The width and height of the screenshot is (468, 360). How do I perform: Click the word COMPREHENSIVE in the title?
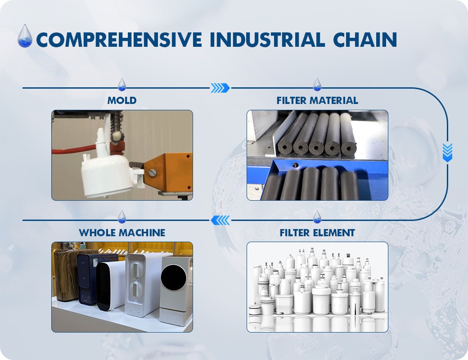(x=119, y=40)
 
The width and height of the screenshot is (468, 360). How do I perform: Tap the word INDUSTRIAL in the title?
(x=267, y=40)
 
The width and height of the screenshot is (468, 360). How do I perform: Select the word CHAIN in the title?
(x=365, y=40)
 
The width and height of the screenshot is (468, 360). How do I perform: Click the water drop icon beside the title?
(x=25, y=36)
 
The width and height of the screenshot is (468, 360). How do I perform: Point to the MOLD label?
(x=122, y=100)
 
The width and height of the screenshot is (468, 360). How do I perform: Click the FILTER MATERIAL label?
(x=317, y=100)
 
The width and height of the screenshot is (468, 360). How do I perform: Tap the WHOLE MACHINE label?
(x=122, y=233)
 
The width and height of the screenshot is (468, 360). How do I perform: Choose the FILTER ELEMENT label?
(x=317, y=233)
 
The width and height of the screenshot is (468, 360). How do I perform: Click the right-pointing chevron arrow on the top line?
(x=220, y=88)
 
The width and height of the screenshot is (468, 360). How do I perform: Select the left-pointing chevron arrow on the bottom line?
(x=220, y=220)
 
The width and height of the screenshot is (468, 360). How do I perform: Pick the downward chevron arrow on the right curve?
(x=447, y=153)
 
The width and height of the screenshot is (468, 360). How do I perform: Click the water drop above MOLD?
(x=122, y=85)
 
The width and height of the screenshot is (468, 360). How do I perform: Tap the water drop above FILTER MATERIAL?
(x=317, y=85)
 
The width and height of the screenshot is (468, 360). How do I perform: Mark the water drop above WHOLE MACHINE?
(x=122, y=217)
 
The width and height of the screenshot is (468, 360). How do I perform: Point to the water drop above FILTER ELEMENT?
(x=317, y=217)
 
